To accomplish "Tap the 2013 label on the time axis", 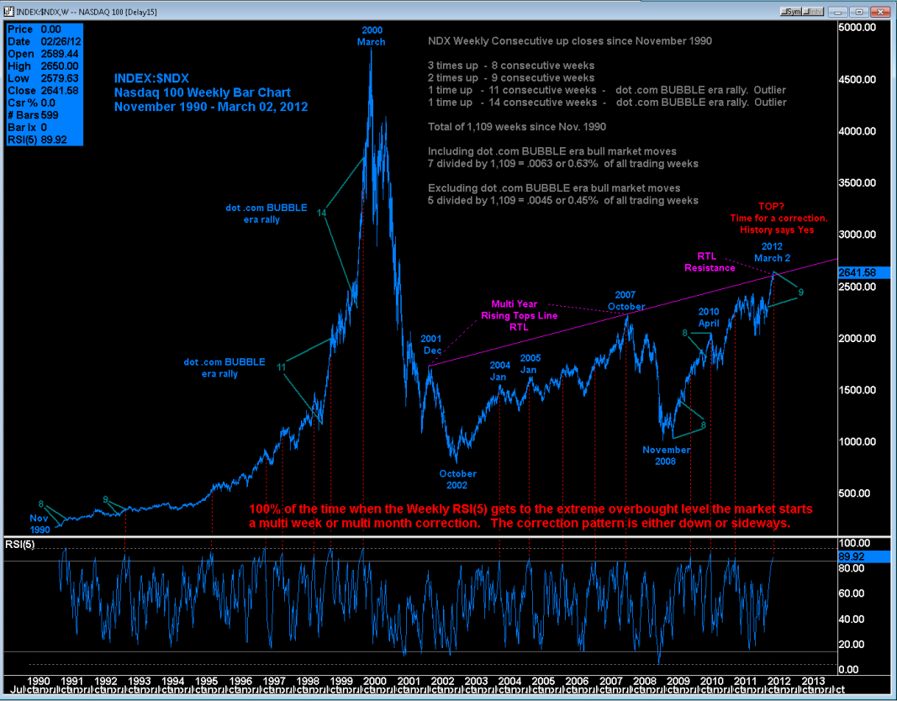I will coord(813,679).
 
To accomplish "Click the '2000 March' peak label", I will coord(371,36).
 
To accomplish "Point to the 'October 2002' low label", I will coord(457,479).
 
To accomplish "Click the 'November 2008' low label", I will coord(667,456).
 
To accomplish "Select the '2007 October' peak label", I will coord(625,301).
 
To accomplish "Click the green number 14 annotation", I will coord(321,213).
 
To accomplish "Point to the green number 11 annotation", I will coord(282,366).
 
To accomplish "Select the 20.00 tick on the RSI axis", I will coord(852,644).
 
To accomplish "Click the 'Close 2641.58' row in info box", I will coord(43,91).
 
